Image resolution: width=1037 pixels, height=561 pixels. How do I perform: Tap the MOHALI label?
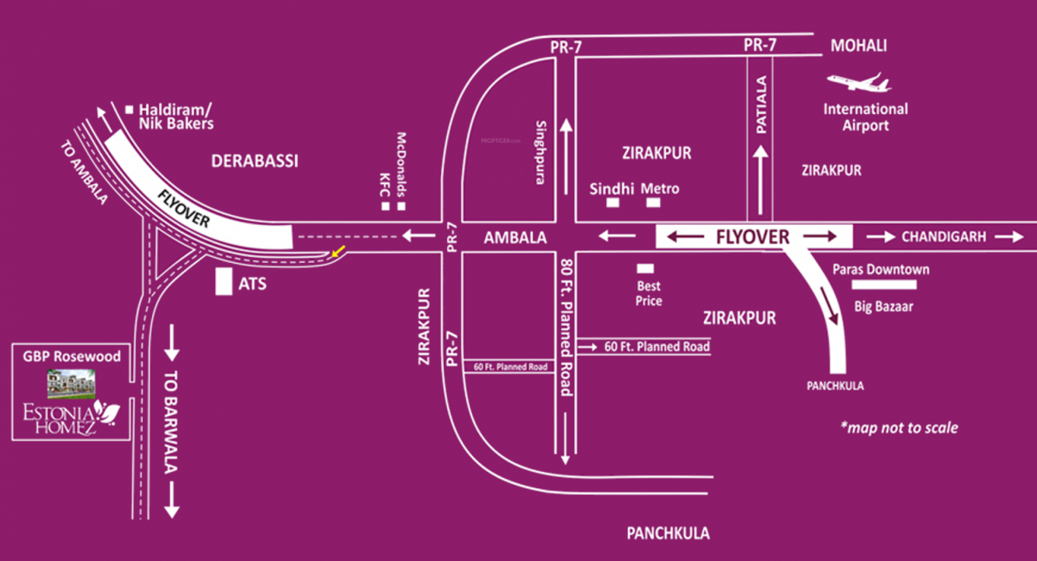coord(858,46)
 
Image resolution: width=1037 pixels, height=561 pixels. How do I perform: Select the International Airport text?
coord(865,117)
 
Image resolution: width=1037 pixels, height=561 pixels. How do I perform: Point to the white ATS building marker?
coord(224,282)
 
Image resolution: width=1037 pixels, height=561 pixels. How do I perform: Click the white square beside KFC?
coord(385,206)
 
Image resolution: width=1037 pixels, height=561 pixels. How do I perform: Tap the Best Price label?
coord(648,294)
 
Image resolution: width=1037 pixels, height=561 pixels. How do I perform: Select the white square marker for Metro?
coord(654,203)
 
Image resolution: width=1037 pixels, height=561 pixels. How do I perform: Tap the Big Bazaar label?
coord(883,306)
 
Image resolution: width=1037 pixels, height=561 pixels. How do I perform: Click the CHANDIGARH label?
coord(944,237)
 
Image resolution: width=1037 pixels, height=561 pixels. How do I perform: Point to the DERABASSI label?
coord(255,161)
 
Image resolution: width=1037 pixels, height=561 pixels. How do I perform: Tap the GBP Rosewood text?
coord(71,356)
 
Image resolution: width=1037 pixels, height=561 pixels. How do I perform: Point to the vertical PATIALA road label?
coord(761,105)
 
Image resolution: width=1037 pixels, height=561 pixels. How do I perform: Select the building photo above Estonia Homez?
coord(71,381)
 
